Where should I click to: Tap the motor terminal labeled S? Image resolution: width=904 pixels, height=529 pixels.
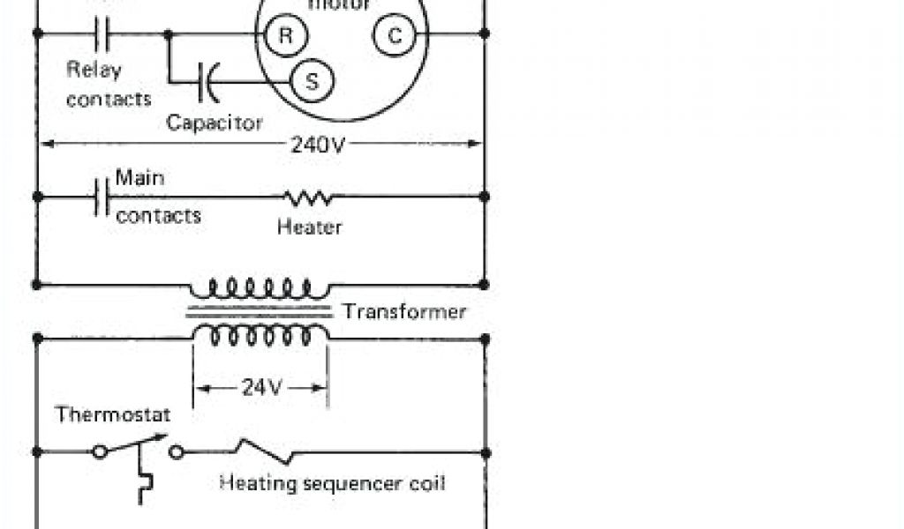coord(312,81)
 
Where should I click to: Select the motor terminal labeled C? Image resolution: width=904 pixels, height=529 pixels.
coord(394,35)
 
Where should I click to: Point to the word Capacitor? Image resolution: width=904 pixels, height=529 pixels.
coord(215,122)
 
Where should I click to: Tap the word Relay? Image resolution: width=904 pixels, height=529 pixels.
coord(94,70)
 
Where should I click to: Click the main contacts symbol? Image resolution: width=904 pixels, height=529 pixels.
coord(101,196)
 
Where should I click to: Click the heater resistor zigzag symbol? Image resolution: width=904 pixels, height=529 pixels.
coord(308,196)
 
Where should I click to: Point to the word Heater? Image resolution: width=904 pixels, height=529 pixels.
coord(309,227)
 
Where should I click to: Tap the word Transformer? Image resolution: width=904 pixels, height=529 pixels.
coord(404,311)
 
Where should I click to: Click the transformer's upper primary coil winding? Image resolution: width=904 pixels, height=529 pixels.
coord(260,287)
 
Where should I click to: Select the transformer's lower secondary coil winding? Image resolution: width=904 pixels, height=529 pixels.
coord(260,335)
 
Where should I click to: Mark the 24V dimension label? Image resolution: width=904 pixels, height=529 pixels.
coord(260,387)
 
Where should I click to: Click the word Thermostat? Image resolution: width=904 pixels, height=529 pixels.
coord(113,414)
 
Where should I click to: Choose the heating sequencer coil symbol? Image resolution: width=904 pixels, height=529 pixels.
coord(264,451)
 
